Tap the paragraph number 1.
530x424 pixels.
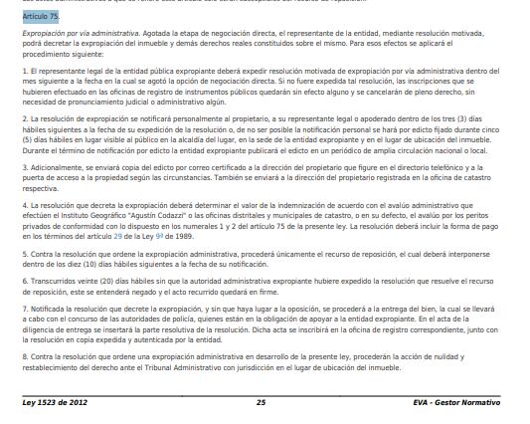24,73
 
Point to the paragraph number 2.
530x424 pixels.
24,117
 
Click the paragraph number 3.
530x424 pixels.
24,167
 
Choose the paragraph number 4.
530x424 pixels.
24,204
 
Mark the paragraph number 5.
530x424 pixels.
24,254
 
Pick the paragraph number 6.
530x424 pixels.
24,282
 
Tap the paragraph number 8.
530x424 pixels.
24,354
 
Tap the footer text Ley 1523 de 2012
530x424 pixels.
56,402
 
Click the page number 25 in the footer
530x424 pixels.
261,402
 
